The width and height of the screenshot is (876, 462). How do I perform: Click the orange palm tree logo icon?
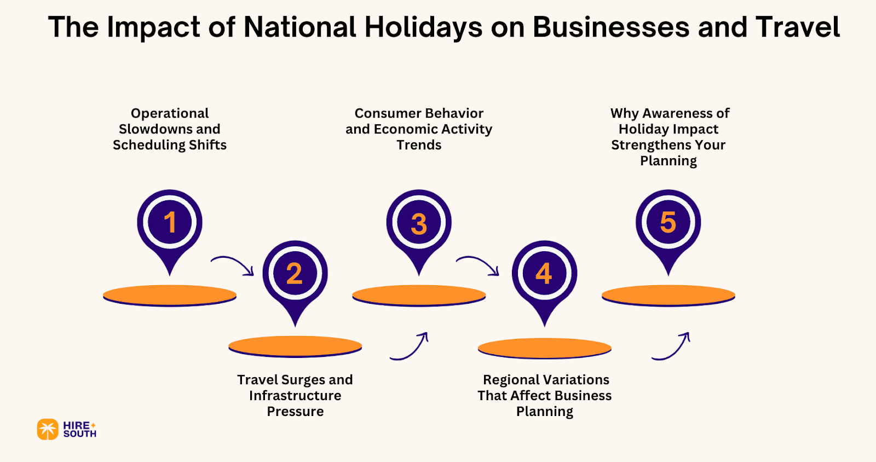pos(48,430)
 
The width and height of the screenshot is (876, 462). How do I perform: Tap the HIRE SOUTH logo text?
pos(79,430)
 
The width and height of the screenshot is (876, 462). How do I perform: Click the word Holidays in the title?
pos(423,27)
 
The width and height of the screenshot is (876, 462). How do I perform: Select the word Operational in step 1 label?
pos(170,113)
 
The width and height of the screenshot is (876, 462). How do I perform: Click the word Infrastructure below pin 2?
pos(295,396)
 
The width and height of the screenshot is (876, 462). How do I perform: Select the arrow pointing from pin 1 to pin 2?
pos(233,265)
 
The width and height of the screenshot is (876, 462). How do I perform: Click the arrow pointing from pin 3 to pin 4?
pos(478,265)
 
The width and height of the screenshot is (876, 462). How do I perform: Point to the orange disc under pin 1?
pos(170,296)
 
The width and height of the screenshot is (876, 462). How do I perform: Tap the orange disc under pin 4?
pos(544,348)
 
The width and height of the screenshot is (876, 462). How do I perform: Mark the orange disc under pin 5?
pos(668,296)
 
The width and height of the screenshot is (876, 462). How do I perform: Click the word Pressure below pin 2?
pos(295,412)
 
